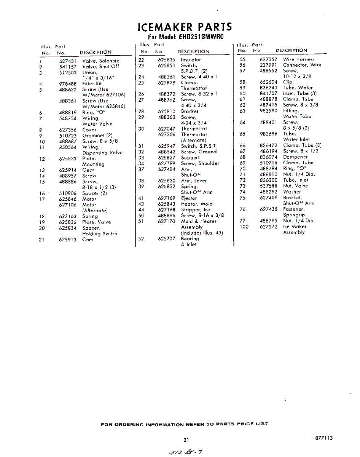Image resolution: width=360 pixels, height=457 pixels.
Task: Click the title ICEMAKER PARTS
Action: tap(185, 27)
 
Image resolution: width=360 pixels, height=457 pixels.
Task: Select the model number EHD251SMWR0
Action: tap(196, 37)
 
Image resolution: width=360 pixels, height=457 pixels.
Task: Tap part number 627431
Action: tap(68, 61)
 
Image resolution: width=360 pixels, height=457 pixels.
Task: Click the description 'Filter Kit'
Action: tap(92, 84)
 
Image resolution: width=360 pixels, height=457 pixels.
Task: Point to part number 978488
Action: tap(68, 84)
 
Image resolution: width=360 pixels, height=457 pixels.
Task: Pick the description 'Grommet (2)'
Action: tap(97, 136)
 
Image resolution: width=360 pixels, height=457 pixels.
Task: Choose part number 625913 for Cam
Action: tap(68, 240)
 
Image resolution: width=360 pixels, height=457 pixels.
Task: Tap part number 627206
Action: tap(167, 134)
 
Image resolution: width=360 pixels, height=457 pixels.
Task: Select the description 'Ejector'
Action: tap(189, 198)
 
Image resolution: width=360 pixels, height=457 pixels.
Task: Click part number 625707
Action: tap(167, 239)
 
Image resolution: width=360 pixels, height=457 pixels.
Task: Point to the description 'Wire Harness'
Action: tap(299, 59)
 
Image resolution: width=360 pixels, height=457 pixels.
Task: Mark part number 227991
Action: tap(268, 65)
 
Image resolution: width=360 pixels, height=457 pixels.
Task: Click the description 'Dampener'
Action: tap(295, 157)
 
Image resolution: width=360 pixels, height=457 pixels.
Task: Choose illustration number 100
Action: tap(244, 227)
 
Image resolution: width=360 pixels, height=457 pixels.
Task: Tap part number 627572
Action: tap(268, 227)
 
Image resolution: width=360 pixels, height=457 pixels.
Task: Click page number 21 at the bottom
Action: tap(186, 440)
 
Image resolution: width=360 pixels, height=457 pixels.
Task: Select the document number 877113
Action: tap(324, 438)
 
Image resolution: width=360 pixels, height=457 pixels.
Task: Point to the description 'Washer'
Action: tap(292, 192)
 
